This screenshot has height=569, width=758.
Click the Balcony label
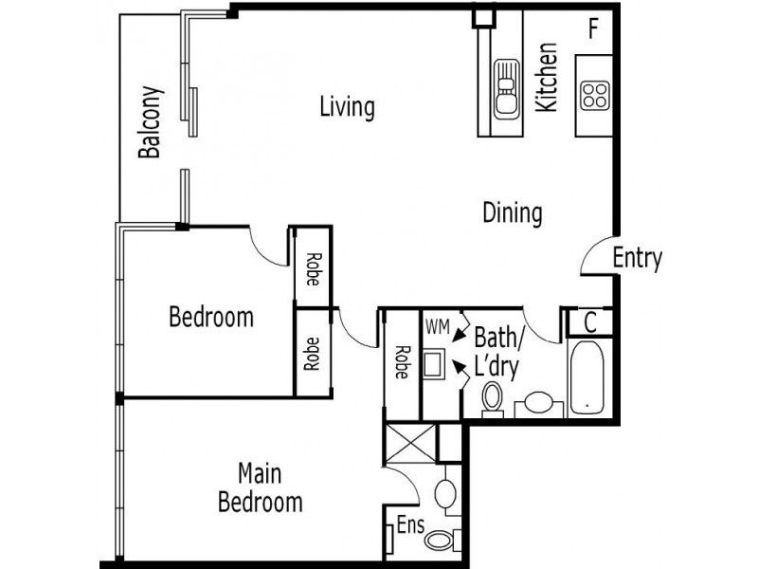click(150, 122)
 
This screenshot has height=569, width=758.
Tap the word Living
click(347, 107)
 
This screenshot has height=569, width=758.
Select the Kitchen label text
click(548, 79)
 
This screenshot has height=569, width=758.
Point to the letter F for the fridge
click(593, 28)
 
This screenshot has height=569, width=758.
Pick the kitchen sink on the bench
click(506, 87)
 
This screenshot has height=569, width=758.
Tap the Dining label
click(513, 212)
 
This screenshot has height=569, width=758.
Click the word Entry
click(637, 258)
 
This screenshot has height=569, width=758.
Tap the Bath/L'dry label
click(496, 351)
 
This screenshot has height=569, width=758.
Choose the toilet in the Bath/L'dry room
click(493, 399)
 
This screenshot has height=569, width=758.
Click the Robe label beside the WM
click(401, 361)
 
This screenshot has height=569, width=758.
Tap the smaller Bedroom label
click(210, 316)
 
